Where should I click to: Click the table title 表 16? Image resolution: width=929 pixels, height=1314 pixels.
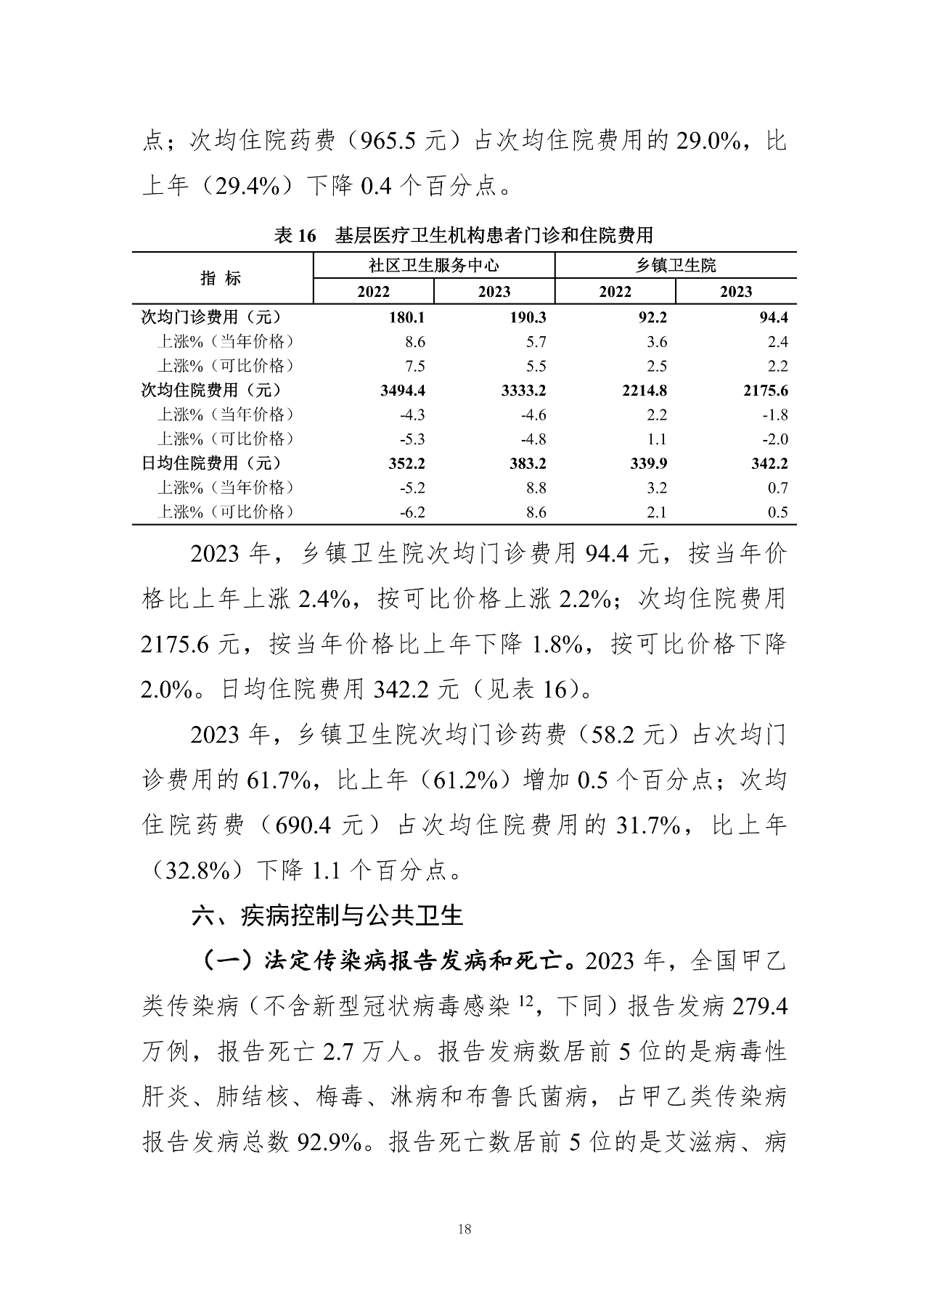click(296, 235)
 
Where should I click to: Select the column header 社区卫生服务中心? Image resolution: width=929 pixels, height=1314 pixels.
click(433, 266)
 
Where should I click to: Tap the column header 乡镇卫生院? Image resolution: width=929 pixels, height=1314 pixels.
click(676, 266)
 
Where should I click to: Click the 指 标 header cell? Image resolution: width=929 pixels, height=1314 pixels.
click(221, 278)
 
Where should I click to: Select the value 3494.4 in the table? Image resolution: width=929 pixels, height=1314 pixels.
click(404, 391)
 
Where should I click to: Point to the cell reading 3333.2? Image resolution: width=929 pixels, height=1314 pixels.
click(524, 391)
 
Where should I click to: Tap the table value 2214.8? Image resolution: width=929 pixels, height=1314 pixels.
click(644, 391)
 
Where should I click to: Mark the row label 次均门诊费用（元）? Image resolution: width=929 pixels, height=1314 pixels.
click(210, 317)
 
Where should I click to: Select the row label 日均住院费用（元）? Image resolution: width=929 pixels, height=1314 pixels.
click(210, 463)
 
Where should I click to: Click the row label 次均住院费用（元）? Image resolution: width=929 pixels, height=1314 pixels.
click(210, 390)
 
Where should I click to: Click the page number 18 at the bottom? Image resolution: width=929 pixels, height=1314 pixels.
click(465, 1229)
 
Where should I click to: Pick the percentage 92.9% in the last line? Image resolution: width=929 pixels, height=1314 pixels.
click(330, 1142)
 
